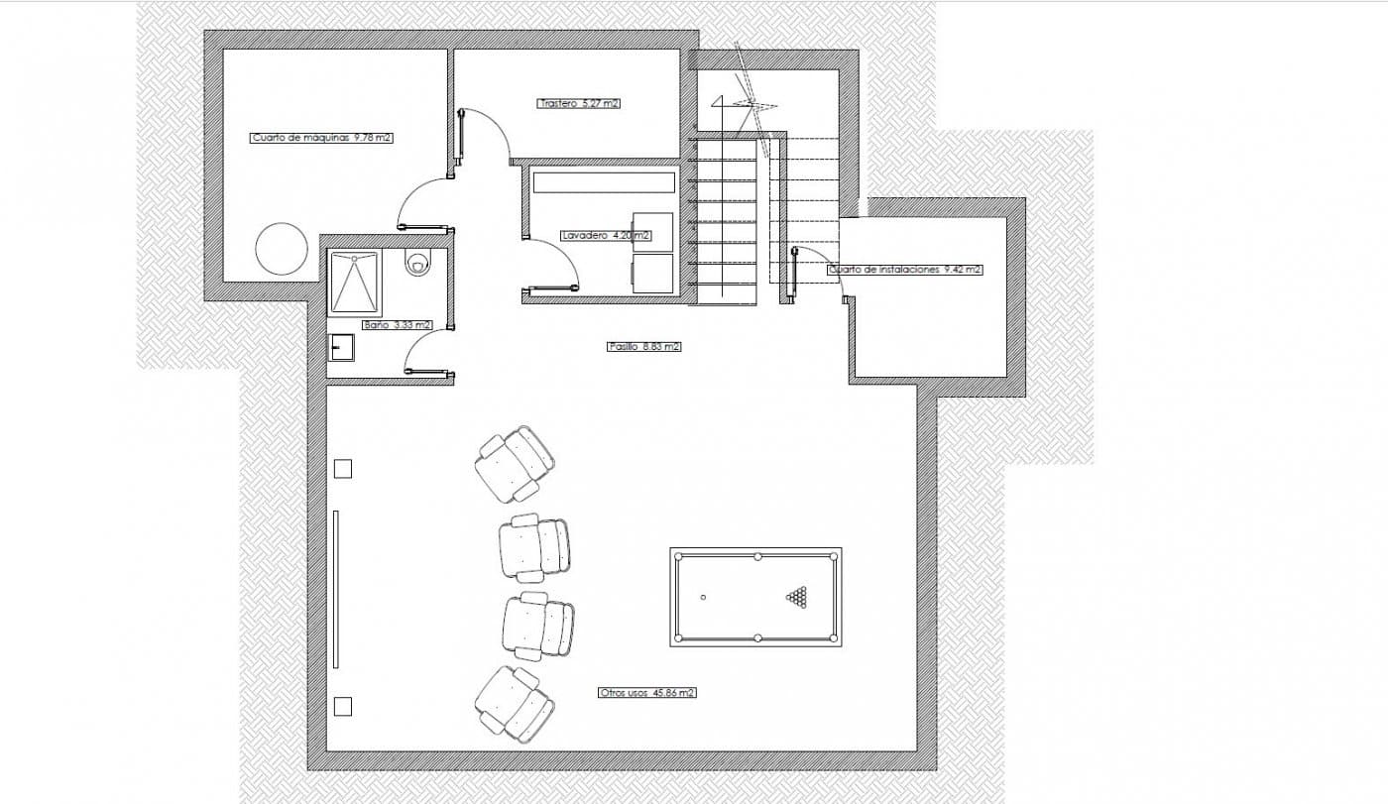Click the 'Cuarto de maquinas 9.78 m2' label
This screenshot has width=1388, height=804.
point(321,138)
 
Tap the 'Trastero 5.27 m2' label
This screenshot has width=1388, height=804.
point(578,103)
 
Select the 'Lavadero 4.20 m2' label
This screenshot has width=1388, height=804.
point(606,235)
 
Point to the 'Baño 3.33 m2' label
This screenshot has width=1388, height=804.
point(398,324)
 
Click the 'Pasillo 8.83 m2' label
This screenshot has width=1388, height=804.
point(643,346)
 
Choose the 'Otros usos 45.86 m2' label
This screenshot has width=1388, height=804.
point(646,693)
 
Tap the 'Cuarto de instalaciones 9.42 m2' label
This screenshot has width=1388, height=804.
point(905,270)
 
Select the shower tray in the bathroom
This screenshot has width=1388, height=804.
point(355,283)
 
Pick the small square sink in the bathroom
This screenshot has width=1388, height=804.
point(341,348)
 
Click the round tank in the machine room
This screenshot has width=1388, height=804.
point(282,249)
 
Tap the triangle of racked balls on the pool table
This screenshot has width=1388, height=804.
point(798,596)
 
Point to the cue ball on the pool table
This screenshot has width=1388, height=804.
point(703,597)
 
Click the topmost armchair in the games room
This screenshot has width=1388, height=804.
point(515,463)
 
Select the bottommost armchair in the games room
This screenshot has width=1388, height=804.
point(515,704)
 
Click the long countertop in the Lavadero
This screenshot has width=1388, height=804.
point(604,182)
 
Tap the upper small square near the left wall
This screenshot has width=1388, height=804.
point(343,469)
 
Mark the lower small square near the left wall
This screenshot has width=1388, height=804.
point(343,706)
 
